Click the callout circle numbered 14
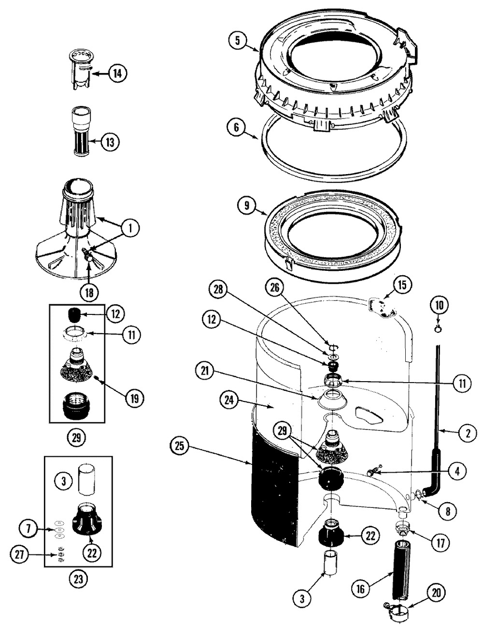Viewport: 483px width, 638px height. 117,74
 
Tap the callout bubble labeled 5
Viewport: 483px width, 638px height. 238,40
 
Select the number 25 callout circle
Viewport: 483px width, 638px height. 180,446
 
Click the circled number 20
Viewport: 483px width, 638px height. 436,593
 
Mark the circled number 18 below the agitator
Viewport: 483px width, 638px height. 90,292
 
